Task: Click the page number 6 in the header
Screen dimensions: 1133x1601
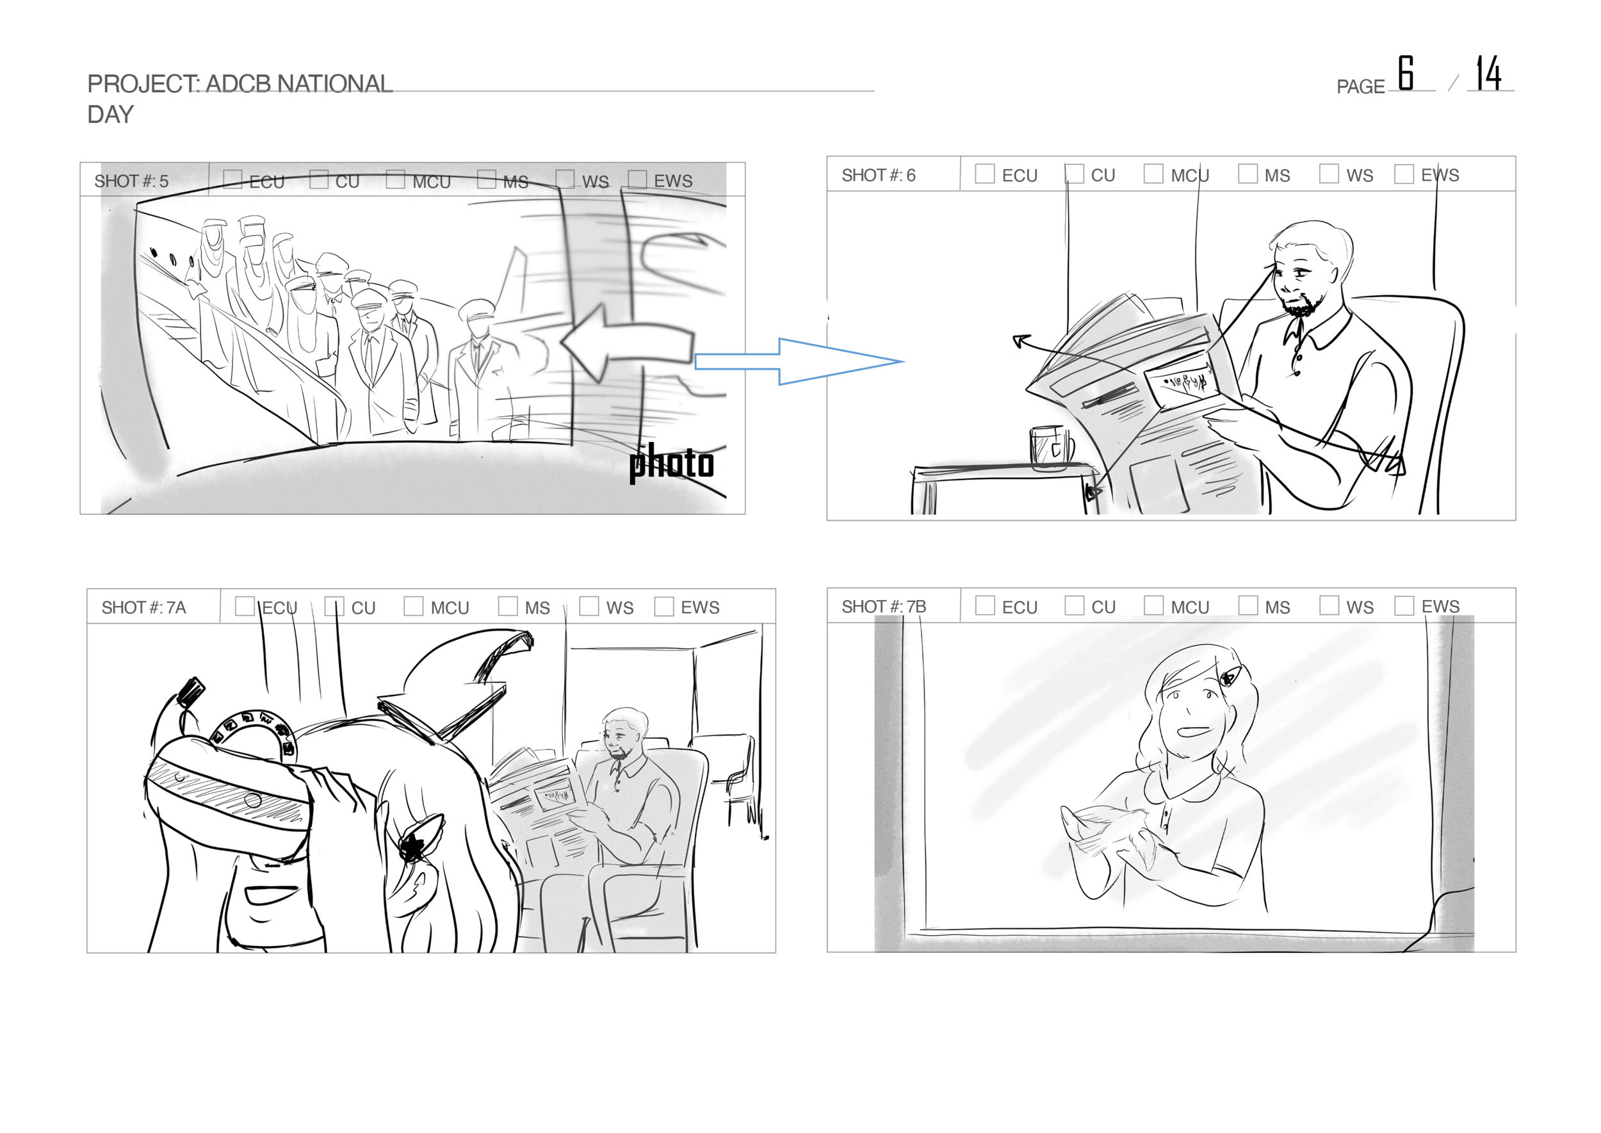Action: [x=1405, y=73]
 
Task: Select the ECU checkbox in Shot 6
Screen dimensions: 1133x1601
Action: [x=984, y=174]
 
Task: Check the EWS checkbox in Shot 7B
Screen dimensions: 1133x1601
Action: [x=1404, y=606]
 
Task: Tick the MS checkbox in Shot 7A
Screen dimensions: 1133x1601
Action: [x=508, y=607]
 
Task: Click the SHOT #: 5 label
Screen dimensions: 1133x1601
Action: [x=132, y=181]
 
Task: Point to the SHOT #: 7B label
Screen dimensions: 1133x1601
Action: [x=883, y=607]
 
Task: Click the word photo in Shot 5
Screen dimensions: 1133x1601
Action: [x=671, y=463]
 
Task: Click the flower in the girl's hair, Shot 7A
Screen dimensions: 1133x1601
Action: [x=414, y=845]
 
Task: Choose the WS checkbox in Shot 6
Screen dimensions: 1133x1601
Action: [x=1328, y=174]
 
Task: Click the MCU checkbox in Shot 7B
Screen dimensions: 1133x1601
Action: [x=1153, y=606]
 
